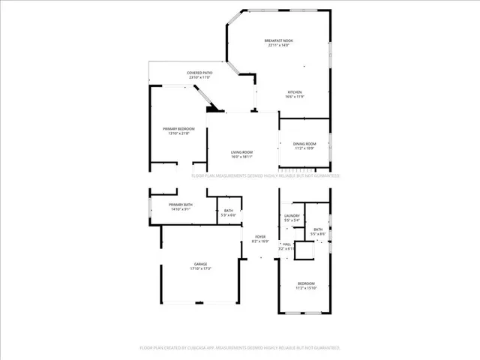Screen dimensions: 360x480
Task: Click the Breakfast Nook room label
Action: coord(278,40)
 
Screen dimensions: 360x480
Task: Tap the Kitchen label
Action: coord(295,92)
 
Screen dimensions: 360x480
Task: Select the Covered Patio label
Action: coord(199,73)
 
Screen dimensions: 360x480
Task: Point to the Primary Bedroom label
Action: coord(179,129)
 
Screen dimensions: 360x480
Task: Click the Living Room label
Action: coord(241,152)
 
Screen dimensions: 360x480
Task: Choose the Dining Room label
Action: coord(304,143)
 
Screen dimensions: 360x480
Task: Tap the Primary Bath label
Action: coord(181,205)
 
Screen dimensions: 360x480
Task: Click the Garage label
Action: coord(200,264)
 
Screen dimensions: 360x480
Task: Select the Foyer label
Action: coord(259,237)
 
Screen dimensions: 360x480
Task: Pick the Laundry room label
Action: coord(292,216)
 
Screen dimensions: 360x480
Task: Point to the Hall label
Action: coord(286,244)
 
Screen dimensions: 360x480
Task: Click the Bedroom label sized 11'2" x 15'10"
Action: coord(306,283)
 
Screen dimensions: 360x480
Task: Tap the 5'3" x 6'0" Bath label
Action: coord(228,211)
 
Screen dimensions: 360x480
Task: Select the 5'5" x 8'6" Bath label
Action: coord(318,229)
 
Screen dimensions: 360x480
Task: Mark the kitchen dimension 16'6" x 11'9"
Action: coord(294,97)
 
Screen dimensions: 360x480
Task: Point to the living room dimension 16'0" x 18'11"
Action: coord(241,157)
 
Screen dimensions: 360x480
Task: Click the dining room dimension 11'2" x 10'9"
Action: coord(304,148)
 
